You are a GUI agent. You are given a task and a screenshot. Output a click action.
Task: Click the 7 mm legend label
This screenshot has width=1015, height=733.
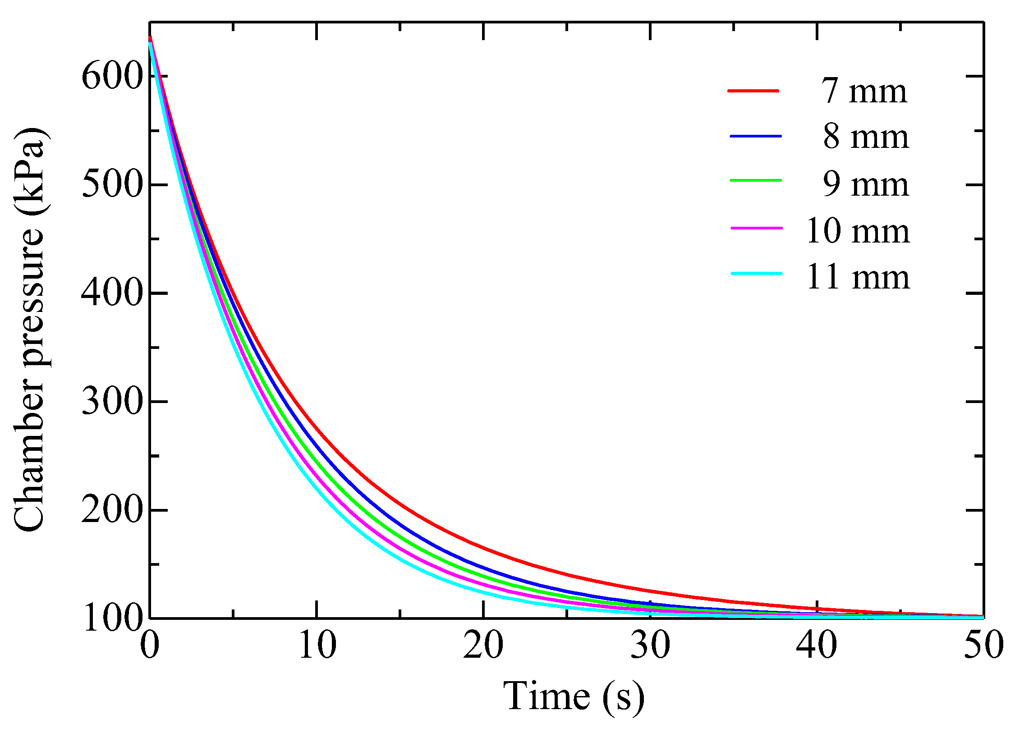click(864, 91)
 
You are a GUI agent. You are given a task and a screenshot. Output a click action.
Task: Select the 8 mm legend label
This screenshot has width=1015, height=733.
click(866, 137)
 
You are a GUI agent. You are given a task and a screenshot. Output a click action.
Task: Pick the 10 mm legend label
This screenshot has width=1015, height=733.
click(858, 231)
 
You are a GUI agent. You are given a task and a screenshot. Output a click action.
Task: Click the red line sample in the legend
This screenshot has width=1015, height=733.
click(753, 91)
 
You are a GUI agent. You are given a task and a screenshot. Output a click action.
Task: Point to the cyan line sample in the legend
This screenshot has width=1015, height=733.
click(756, 273)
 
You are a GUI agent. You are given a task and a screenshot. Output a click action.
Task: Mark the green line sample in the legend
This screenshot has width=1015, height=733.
click(756, 180)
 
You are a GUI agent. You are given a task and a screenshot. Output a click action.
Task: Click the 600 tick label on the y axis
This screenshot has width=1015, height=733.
click(112, 76)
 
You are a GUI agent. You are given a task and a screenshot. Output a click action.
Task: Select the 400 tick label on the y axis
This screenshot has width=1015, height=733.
click(112, 293)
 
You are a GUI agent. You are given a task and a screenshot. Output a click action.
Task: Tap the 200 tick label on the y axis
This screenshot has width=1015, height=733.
click(112, 510)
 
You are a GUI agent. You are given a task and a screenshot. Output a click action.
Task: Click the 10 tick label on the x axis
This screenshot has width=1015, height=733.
click(317, 646)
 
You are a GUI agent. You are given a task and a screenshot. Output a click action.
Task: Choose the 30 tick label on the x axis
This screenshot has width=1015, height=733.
click(650, 646)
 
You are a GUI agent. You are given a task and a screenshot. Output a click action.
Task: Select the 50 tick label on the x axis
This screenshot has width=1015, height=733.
click(983, 646)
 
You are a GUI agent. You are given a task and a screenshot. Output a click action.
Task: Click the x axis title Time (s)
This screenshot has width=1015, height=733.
click(574, 696)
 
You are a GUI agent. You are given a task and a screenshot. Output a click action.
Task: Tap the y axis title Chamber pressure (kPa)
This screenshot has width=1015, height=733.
click(29, 329)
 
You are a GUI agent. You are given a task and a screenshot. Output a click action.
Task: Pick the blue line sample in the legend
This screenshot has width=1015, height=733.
click(756, 136)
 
